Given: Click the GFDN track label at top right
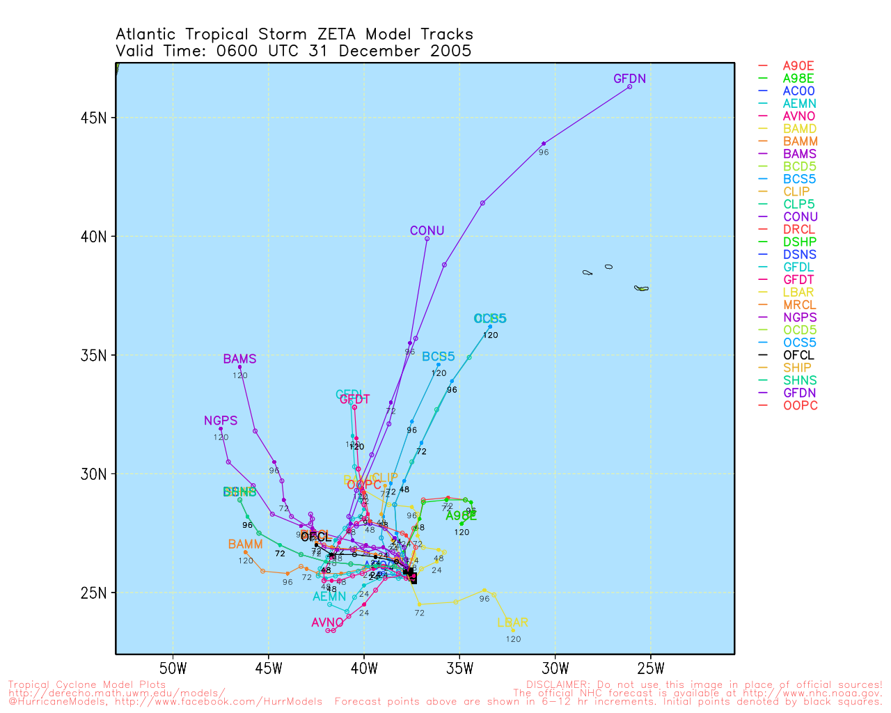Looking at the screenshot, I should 629,79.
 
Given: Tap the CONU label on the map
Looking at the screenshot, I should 427,231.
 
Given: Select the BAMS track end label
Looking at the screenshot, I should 239,359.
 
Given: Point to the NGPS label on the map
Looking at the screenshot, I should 221,421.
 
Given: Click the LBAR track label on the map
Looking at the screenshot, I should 512,622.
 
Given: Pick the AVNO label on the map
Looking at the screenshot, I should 328,622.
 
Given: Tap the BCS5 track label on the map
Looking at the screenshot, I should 438,356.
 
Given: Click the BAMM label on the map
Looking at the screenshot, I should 245,544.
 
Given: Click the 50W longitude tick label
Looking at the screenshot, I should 173,669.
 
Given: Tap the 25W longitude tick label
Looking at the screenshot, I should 650,669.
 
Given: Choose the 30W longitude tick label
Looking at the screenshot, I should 555,669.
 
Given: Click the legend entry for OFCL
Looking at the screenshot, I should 798,355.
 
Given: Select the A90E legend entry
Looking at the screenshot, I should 798,66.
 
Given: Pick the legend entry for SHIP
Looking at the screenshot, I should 797,368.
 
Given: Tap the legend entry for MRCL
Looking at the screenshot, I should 800,305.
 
